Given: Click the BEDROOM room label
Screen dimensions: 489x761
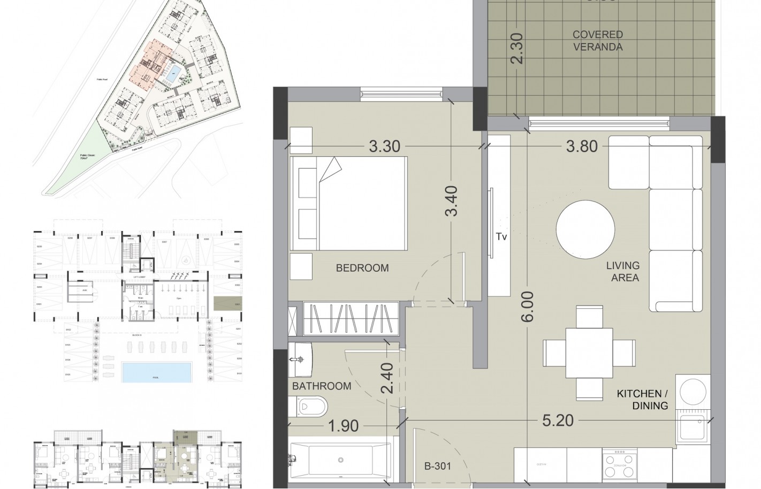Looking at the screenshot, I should click(362, 268).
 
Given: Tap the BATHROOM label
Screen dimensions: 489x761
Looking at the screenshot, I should click(322, 386).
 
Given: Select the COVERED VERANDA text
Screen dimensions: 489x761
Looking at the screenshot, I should click(597, 41).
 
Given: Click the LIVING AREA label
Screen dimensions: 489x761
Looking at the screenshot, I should click(622, 271).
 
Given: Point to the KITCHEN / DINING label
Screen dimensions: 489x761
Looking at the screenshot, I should click(642, 400).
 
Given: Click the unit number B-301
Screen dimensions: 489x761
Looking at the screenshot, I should click(438, 467).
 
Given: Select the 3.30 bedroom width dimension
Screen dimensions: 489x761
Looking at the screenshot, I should click(385, 146).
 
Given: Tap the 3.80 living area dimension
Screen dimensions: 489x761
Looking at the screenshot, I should click(582, 146).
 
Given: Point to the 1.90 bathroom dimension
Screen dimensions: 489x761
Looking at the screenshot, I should click(343, 426).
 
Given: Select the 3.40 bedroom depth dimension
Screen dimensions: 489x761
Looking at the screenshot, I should click(452, 201).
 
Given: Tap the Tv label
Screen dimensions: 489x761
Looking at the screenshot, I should click(501, 237).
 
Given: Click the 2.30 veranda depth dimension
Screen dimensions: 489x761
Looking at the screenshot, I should click(517, 49).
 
